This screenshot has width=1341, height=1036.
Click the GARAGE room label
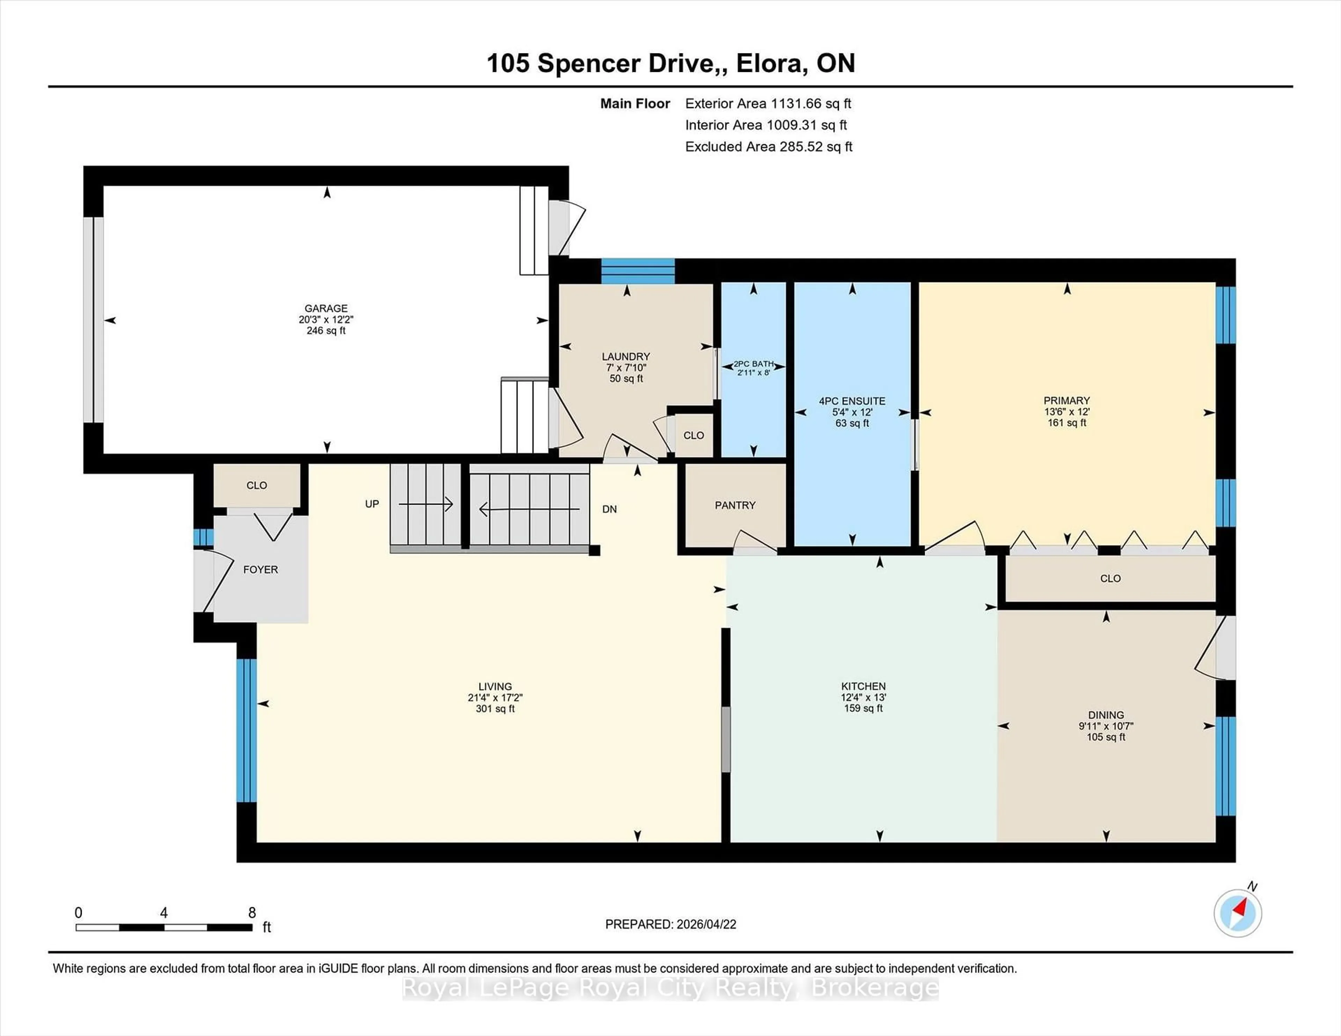[x=326, y=308]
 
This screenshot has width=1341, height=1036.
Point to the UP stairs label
[x=372, y=504]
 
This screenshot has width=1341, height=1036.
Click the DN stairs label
[x=609, y=509]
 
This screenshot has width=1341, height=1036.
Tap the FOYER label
[x=260, y=570]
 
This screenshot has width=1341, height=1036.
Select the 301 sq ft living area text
[x=495, y=709]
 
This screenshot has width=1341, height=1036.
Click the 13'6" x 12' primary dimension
[x=1067, y=412]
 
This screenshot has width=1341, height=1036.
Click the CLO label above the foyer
[x=257, y=486]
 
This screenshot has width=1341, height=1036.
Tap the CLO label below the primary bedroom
[x=1110, y=578]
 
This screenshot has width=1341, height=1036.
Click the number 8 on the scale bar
[x=252, y=913]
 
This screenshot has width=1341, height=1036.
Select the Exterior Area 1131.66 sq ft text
[x=768, y=104]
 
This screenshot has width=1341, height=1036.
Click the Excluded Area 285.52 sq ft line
[x=768, y=147]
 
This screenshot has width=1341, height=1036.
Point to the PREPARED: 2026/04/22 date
[x=670, y=924]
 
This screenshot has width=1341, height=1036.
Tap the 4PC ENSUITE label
[x=852, y=401]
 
